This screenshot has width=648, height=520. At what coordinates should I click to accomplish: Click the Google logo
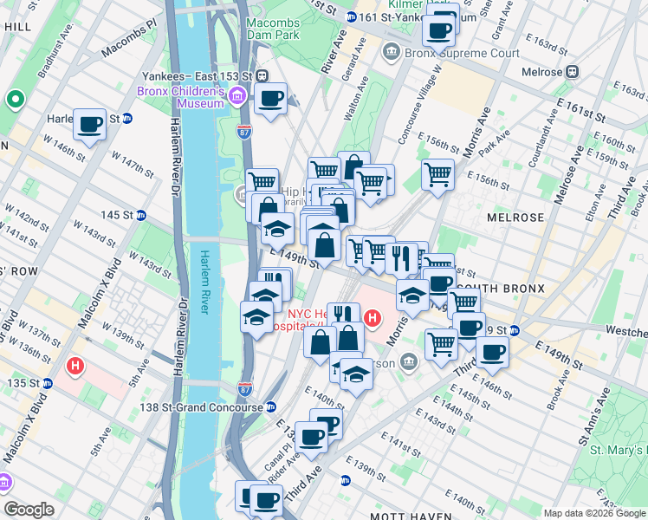29,510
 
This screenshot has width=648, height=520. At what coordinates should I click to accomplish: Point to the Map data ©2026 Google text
593,513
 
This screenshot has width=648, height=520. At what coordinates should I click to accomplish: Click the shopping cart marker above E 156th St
437,175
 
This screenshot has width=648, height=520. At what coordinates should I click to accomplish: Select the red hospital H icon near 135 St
76,366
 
